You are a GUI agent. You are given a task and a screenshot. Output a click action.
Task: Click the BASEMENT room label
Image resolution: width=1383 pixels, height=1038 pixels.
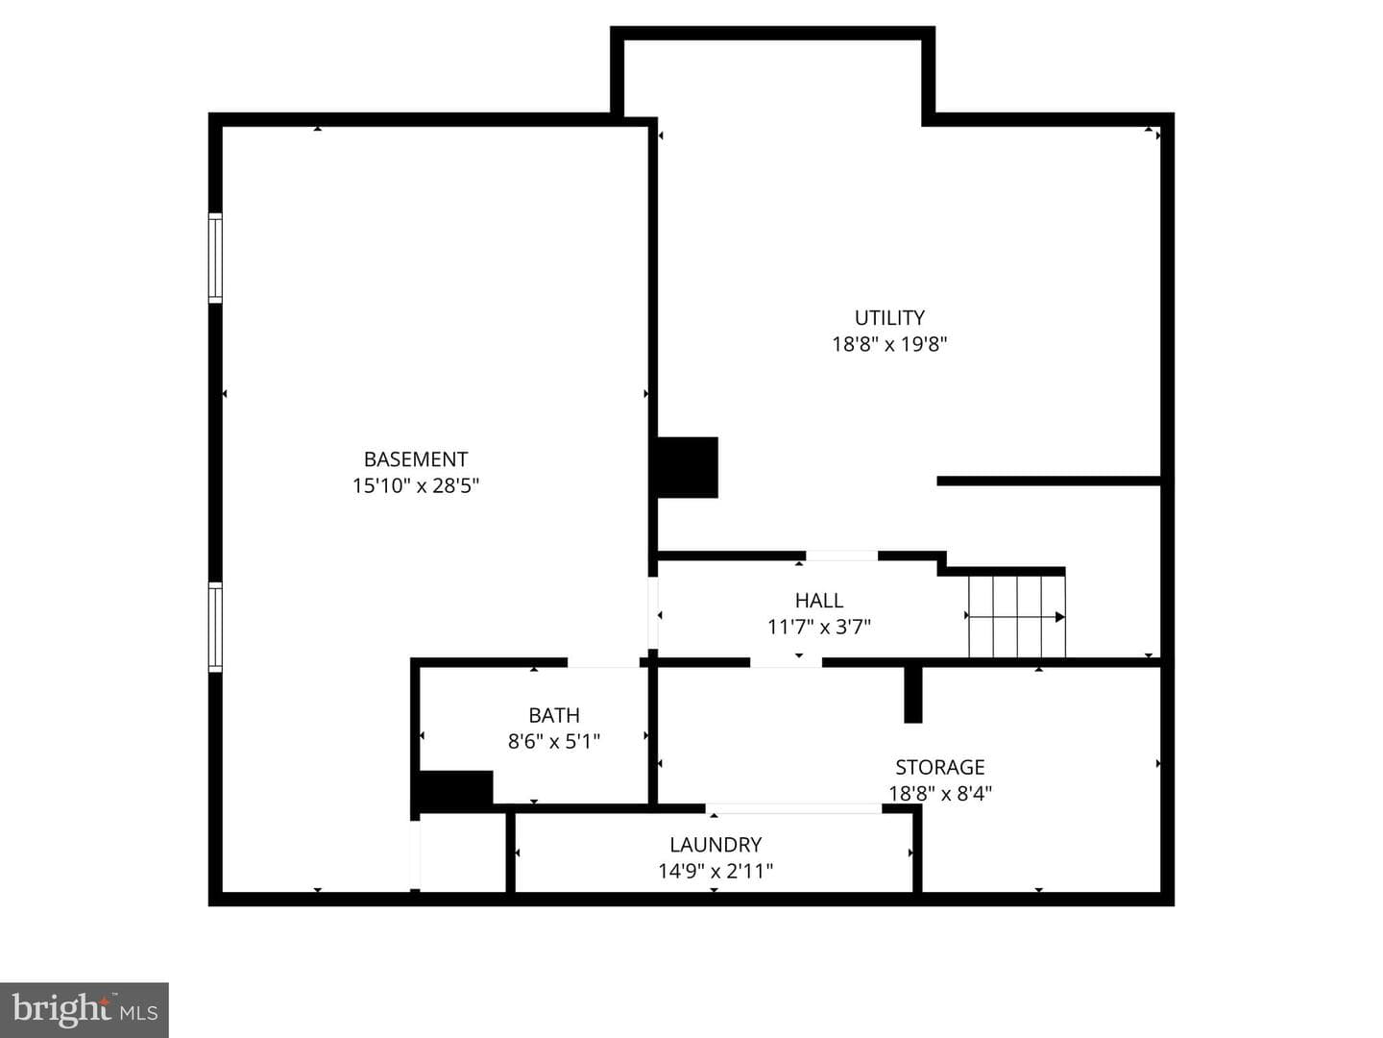[x=416, y=458]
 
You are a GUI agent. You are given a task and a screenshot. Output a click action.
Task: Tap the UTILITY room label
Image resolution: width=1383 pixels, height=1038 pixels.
[x=889, y=317]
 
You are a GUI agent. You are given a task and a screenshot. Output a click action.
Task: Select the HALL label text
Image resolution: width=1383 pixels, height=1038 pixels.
[x=819, y=600]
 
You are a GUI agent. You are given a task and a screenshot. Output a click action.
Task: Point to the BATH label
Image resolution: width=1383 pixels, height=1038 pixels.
[x=554, y=715]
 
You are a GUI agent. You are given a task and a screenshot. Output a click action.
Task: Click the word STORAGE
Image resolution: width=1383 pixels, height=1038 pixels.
[x=940, y=767]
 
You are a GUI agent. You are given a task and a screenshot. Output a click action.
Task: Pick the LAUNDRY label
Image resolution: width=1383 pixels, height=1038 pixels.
[x=716, y=845]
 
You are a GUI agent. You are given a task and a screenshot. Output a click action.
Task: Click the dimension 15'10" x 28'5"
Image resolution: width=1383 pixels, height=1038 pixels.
[x=416, y=486]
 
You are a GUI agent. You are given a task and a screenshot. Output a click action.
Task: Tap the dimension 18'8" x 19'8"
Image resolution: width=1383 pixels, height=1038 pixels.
[x=889, y=344]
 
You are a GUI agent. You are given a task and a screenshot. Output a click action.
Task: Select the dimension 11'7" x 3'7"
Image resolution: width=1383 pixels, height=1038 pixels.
[x=819, y=627]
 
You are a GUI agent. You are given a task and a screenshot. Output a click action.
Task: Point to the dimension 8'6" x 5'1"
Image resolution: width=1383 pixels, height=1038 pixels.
[x=554, y=742]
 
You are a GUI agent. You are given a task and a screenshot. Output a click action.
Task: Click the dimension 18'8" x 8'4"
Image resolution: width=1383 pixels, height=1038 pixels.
[x=940, y=794]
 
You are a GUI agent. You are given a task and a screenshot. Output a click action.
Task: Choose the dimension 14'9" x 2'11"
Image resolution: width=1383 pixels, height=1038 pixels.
[x=716, y=871]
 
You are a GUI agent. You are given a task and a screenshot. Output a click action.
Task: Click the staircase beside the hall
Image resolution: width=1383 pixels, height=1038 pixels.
[x=1017, y=616]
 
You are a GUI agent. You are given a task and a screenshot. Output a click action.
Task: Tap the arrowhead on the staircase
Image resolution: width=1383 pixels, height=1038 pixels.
[x=1060, y=617]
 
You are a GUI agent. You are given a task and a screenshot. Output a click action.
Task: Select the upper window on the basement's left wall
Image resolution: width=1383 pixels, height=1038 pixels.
[x=215, y=258]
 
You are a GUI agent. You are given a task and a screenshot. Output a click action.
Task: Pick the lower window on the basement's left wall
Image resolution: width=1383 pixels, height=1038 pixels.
[x=215, y=627]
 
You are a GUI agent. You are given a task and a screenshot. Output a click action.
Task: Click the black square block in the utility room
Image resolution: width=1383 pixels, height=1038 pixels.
[x=688, y=467]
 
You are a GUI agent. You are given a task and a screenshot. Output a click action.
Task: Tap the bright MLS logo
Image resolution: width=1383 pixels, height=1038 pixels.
[x=84, y=1009]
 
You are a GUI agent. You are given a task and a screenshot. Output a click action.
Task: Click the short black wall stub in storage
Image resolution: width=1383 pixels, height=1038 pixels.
[x=913, y=695]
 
